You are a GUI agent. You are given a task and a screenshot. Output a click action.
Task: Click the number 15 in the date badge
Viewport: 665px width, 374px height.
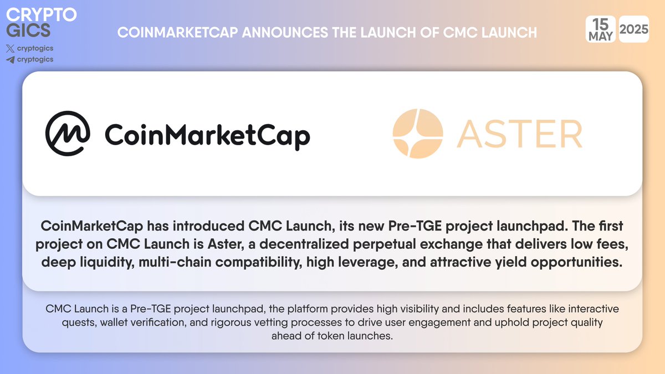pos(601,24)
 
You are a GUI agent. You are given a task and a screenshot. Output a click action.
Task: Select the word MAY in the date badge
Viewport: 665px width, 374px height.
pos(601,36)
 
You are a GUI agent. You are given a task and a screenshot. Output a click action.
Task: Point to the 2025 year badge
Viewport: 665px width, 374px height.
pos(634,30)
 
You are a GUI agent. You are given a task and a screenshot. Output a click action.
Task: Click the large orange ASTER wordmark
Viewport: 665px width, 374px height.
pos(519,134)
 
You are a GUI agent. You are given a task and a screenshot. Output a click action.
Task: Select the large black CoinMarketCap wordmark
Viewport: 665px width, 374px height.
pos(207,135)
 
